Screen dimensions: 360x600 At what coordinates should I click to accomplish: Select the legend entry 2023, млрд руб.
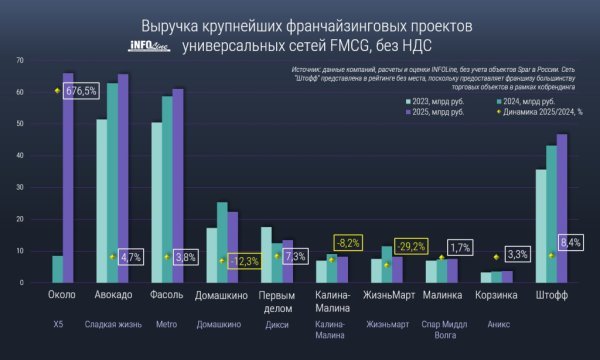[x=432, y=101]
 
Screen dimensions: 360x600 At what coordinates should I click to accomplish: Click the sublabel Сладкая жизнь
[x=112, y=324]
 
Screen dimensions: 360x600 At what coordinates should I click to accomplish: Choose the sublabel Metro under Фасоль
[x=166, y=324]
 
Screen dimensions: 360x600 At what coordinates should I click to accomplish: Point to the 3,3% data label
[x=518, y=254]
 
